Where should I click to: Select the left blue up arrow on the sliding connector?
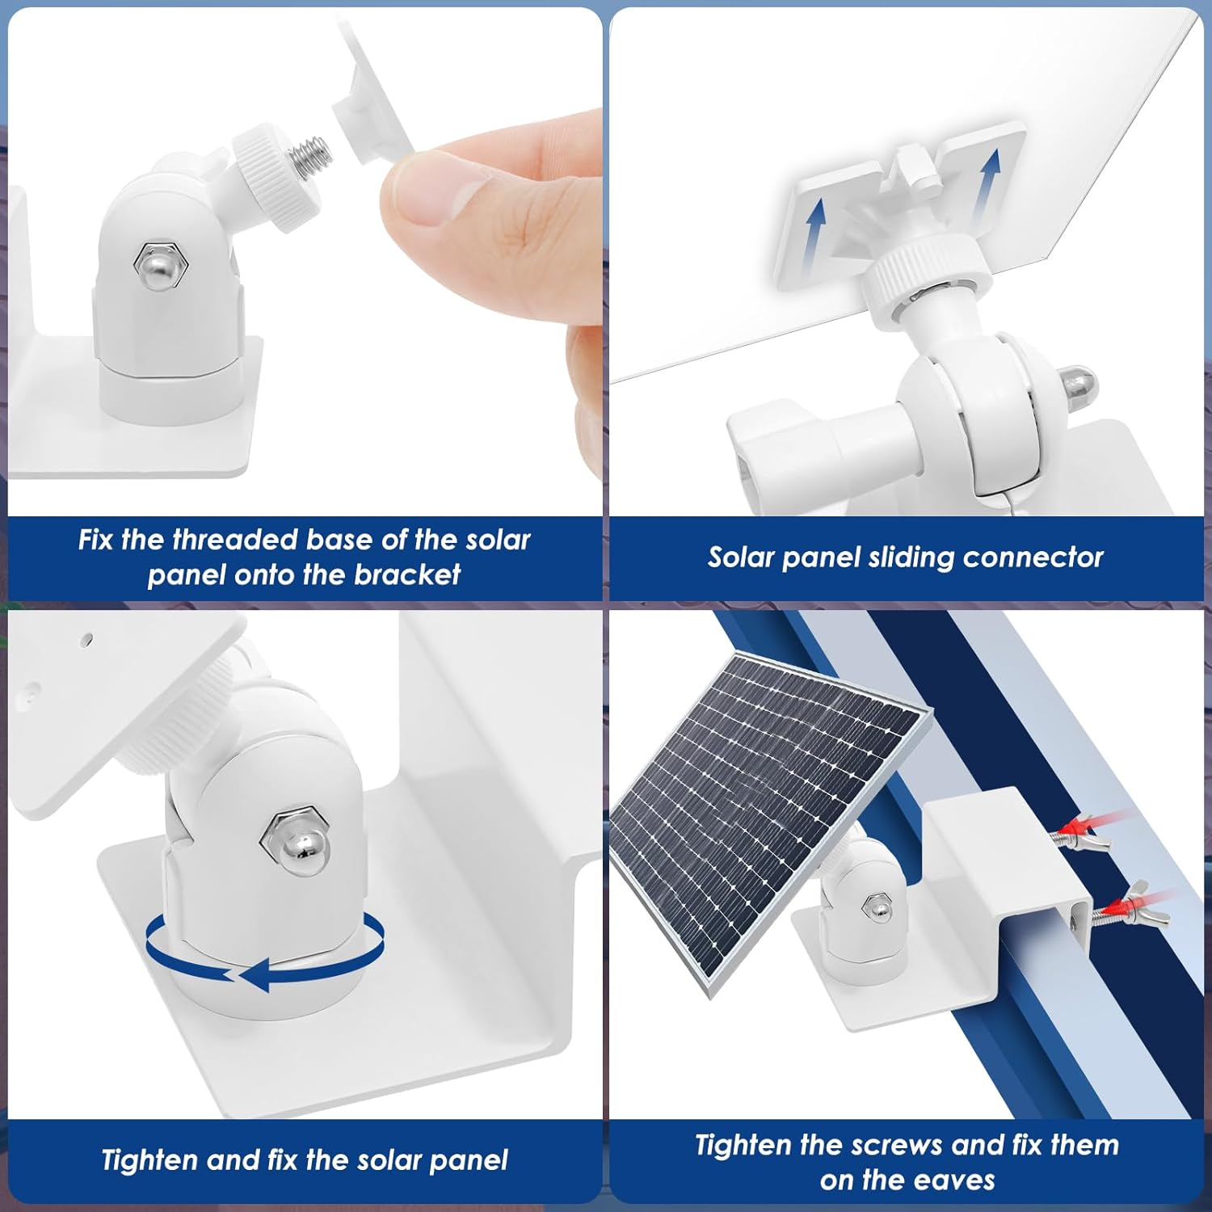pyautogui.click(x=817, y=226)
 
